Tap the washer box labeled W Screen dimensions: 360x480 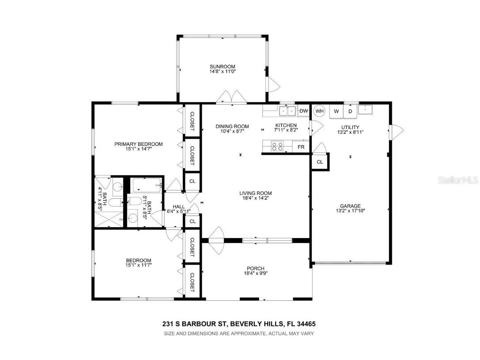[x=336, y=111]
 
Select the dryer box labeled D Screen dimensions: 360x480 [x=350, y=111]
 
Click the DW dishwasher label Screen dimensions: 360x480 [x=303, y=111]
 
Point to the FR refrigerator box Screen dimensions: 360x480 [x=301, y=147]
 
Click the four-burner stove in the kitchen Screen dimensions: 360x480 [x=277, y=146]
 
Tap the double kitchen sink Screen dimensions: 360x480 [x=287, y=110]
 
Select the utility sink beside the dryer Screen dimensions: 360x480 [x=366, y=109]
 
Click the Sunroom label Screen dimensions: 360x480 [x=222, y=67]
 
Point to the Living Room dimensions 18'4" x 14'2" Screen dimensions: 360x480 [x=255, y=198]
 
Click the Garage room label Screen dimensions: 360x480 [x=350, y=206]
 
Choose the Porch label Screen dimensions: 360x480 [x=256, y=268]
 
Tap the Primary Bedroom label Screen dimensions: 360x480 [x=138, y=144]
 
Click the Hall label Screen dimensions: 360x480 [x=179, y=206]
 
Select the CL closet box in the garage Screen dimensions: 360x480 [x=320, y=162]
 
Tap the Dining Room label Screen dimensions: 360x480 [x=232, y=126]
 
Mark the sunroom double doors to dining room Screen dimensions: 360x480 [x=232, y=97]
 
